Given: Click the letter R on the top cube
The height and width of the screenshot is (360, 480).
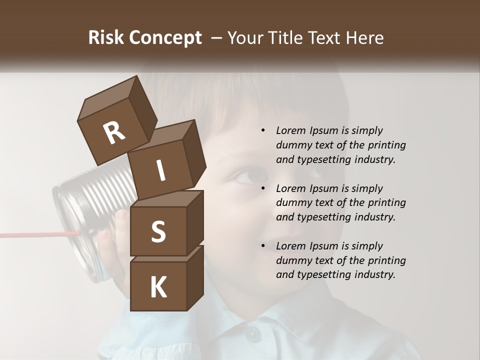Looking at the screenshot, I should pos(114,133).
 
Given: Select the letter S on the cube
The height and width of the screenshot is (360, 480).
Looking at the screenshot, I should pos(158,231).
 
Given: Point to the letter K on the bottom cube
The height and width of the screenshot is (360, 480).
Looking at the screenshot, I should pos(158,287).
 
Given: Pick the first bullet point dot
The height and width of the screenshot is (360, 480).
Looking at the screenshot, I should pos(263,131).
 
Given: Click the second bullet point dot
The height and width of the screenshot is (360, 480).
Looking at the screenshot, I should pos(263,188).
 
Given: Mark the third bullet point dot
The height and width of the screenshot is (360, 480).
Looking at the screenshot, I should pos(263,246).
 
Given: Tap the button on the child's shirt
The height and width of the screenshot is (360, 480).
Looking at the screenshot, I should pos(253,333).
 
